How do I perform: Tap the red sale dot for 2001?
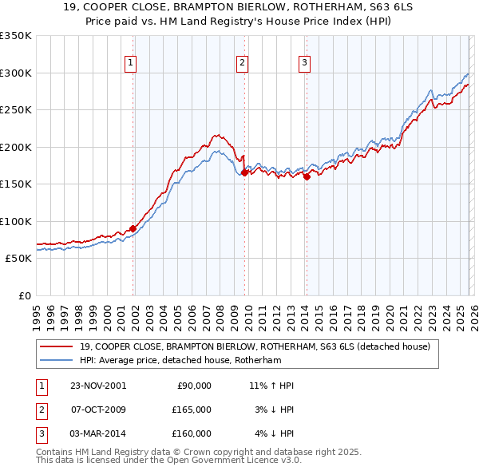pyautogui.click(x=133, y=228)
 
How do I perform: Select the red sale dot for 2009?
pyautogui.click(x=244, y=172)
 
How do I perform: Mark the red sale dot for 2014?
pyautogui.click(x=307, y=176)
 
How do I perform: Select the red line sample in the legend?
pyautogui.click(x=57, y=346)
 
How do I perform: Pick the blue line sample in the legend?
pyautogui.click(x=57, y=360)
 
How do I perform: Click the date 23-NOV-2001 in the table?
pyautogui.click(x=97, y=386)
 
